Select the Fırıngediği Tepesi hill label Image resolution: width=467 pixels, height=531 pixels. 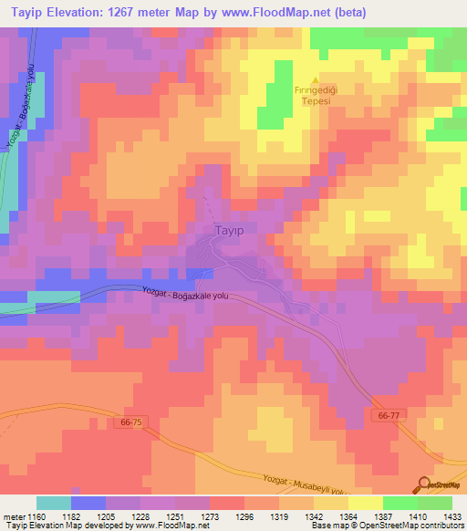pos(316,96)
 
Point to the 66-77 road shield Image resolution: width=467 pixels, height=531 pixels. pos(389,414)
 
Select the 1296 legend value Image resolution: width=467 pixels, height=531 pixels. pos(244,515)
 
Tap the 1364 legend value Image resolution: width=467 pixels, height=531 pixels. pos(347,515)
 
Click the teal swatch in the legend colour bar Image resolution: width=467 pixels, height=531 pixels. pos(54,503)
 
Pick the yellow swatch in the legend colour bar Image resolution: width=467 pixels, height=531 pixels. pos(366,503)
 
